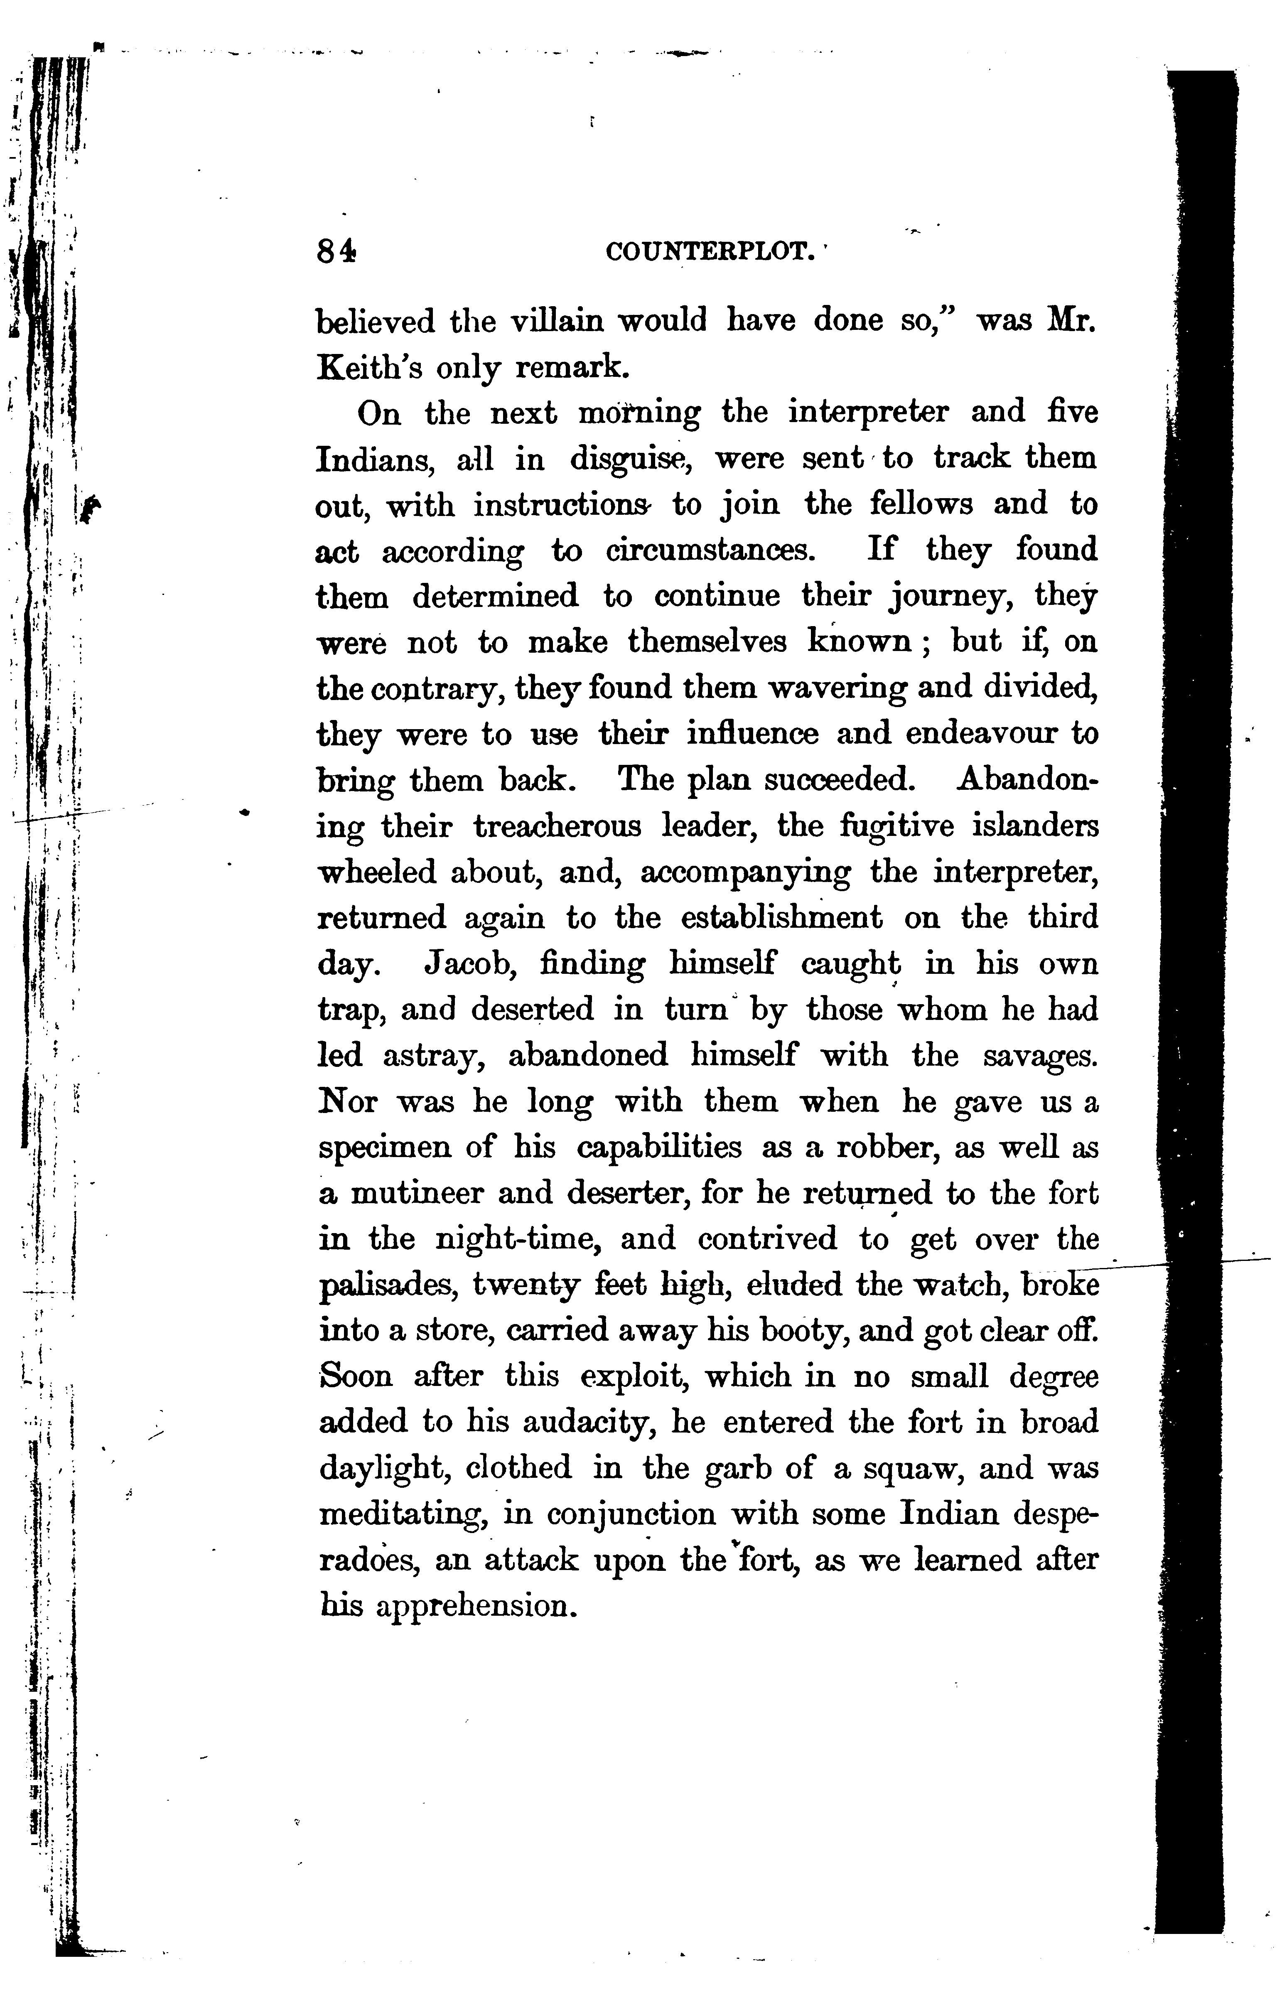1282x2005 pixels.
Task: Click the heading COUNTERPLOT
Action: (709, 251)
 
